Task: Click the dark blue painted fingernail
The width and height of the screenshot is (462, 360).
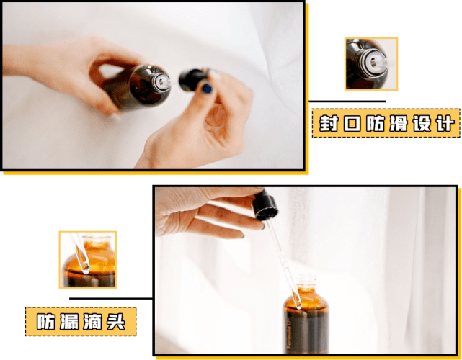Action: (207, 89)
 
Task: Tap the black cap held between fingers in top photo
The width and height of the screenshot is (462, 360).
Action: (192, 78)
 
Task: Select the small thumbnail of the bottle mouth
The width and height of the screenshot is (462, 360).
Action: (370, 64)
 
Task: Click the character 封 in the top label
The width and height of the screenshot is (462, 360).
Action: (326, 124)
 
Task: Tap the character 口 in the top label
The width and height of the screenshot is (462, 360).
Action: (352, 124)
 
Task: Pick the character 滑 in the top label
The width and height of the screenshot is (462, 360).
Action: (399, 124)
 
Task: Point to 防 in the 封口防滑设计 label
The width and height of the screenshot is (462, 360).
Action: (376, 124)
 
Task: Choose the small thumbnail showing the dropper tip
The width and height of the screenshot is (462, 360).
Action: (87, 260)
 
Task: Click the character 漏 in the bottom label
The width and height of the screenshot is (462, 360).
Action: (69, 322)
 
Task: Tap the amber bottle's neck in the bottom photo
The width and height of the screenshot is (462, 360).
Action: (306, 283)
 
